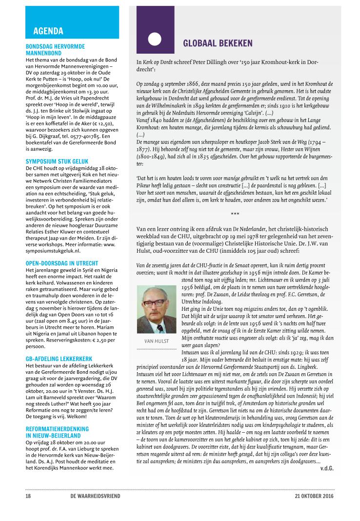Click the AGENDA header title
(48, 32)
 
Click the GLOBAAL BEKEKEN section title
(218, 43)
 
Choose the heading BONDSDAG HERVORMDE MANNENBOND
(55, 49)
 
